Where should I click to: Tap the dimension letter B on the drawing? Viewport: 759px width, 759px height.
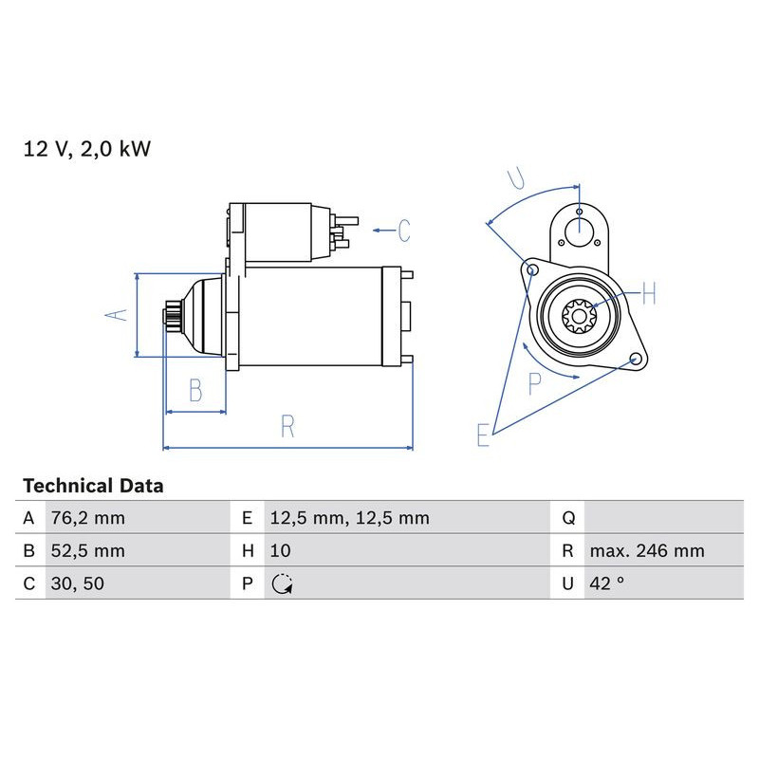click(194, 389)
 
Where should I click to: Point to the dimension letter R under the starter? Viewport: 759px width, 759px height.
click(287, 427)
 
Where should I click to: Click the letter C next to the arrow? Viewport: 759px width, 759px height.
click(403, 231)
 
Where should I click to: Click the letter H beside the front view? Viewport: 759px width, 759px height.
click(648, 294)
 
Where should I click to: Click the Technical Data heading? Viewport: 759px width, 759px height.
click(93, 486)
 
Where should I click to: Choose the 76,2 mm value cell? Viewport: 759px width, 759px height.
click(87, 518)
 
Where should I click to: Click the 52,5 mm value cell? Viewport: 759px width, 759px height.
click(87, 551)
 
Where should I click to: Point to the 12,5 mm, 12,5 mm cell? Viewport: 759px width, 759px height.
click(349, 518)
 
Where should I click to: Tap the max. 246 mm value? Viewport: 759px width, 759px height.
click(646, 551)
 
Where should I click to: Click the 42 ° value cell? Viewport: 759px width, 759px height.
click(607, 583)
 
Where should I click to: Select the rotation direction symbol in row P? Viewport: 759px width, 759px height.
click(282, 584)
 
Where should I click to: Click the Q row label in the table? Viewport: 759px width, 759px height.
click(567, 518)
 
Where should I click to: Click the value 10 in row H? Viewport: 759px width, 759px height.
click(281, 551)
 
